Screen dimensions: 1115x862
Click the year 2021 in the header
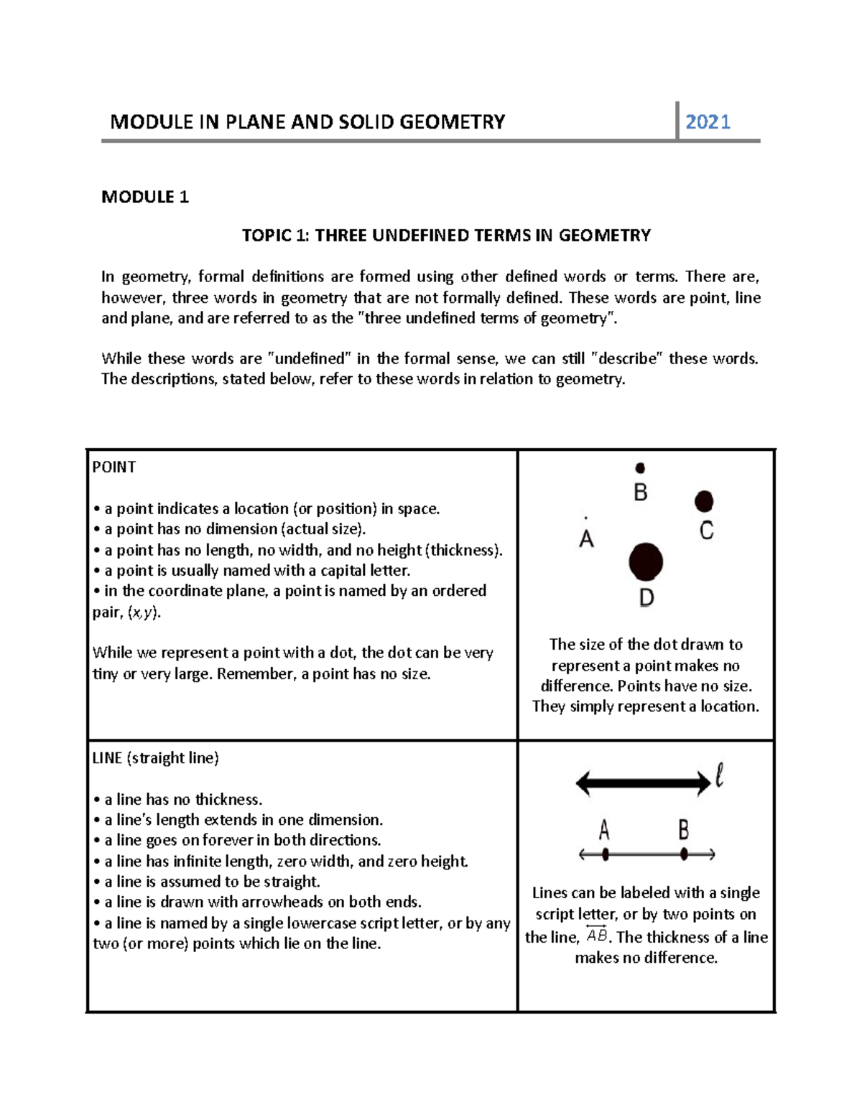(708, 122)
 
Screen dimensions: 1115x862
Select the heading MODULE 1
(145, 197)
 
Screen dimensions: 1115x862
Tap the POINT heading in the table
(114, 467)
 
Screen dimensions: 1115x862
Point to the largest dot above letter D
(646, 561)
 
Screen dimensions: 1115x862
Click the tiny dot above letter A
(586, 517)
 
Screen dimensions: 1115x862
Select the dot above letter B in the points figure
(640, 468)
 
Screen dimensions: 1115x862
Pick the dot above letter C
(704, 500)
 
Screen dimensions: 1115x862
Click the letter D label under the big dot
(646, 597)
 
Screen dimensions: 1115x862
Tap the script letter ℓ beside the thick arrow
(719, 775)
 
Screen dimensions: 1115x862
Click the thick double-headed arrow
(643, 783)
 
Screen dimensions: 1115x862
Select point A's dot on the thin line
(606, 854)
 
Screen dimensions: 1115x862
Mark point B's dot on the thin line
(684, 854)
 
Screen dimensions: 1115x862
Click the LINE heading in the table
(108, 758)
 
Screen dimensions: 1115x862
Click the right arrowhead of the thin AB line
(711, 854)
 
